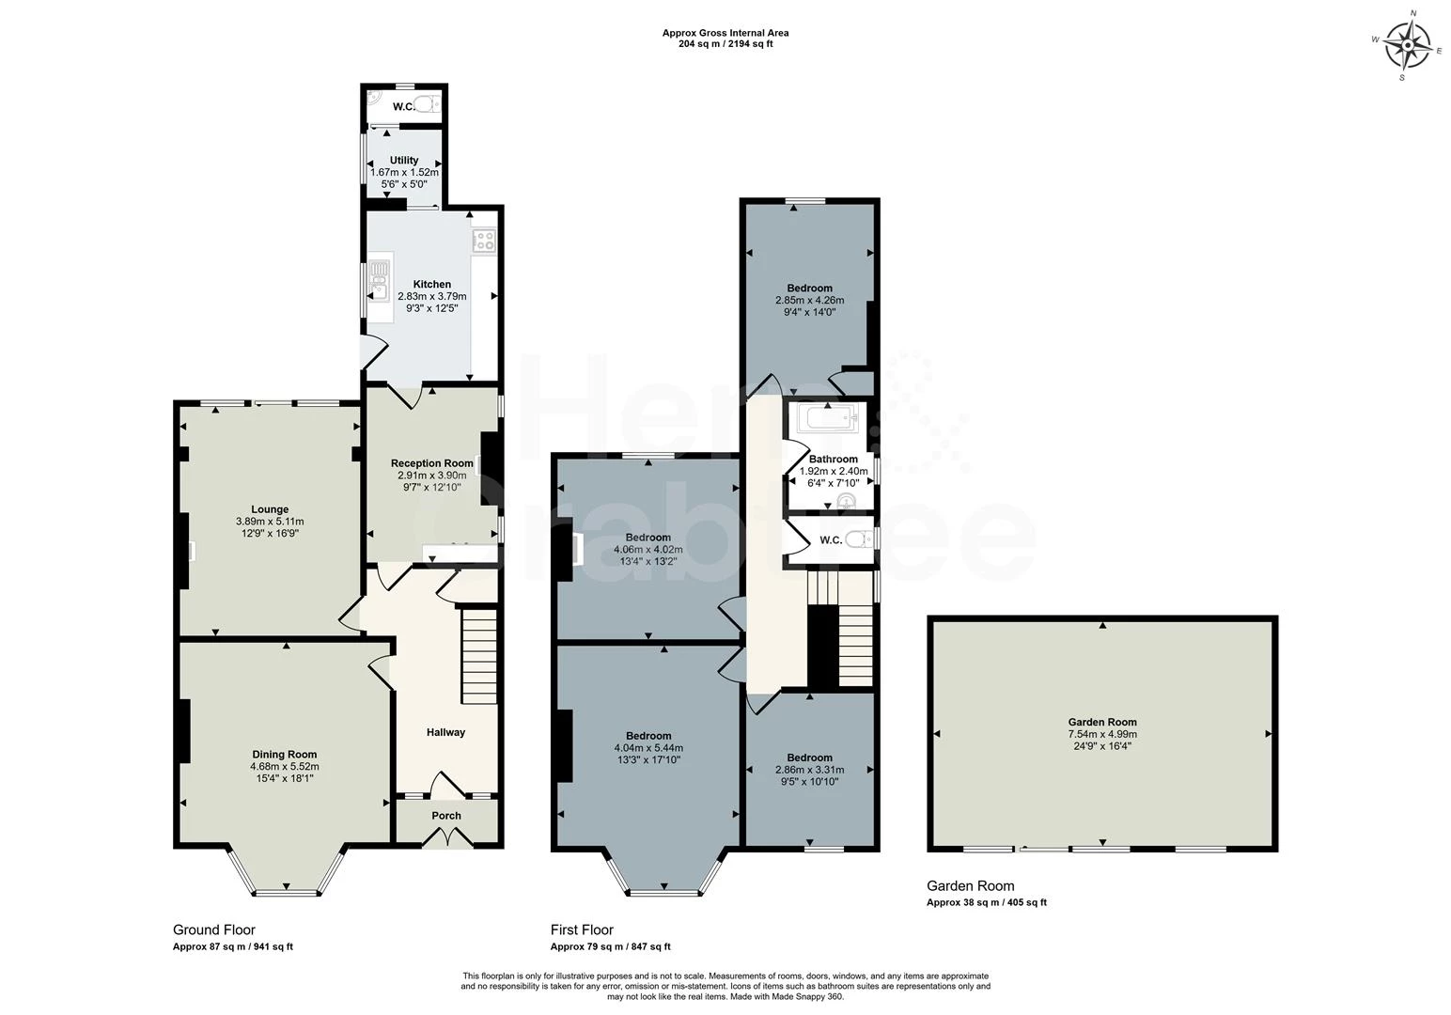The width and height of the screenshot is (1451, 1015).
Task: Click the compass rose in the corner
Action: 1407,44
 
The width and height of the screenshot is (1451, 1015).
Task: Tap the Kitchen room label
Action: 431,284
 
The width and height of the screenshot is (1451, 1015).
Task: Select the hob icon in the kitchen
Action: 484,241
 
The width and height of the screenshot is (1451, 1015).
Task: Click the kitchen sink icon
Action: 379,280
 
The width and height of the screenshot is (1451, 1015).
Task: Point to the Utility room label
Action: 404,160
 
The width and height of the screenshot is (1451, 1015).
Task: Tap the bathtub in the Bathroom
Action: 828,418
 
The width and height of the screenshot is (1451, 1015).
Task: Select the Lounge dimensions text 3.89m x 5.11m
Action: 270,522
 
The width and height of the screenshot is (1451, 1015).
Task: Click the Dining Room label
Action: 284,754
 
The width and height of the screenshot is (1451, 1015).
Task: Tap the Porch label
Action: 446,816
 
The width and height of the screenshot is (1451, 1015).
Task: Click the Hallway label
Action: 445,732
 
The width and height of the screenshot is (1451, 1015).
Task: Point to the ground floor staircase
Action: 479,655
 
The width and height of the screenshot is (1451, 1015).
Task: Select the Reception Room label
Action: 431,463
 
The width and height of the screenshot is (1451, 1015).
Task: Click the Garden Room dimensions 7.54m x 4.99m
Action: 1101,734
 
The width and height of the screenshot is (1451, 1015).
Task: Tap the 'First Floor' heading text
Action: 582,930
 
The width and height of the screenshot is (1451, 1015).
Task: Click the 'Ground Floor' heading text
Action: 214,930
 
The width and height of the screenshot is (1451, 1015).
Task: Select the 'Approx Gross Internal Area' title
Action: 725,33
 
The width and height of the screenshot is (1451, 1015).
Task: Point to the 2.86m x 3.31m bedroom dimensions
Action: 809,769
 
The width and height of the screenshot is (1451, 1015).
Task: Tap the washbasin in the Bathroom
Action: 849,500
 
